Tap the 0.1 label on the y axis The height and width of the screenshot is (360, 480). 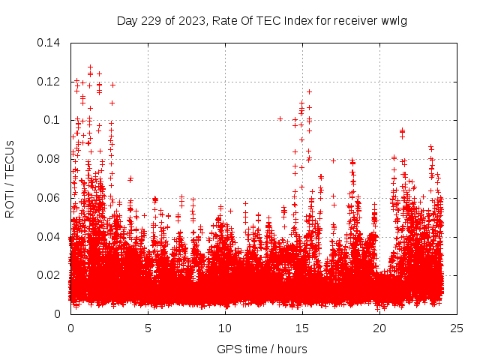tap(54, 120)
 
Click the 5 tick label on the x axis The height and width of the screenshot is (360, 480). tap(148, 328)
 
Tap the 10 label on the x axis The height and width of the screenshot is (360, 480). tap(225, 328)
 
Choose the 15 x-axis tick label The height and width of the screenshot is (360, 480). tap(302, 328)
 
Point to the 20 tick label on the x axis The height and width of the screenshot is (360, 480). tap(379, 328)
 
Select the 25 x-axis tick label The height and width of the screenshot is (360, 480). tap(457, 328)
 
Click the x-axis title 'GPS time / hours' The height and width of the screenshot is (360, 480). tap(262, 349)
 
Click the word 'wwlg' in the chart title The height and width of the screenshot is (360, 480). tap(394, 20)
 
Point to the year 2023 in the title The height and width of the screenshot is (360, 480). tap(190, 20)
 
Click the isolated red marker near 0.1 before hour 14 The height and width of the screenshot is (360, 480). tap(280, 118)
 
